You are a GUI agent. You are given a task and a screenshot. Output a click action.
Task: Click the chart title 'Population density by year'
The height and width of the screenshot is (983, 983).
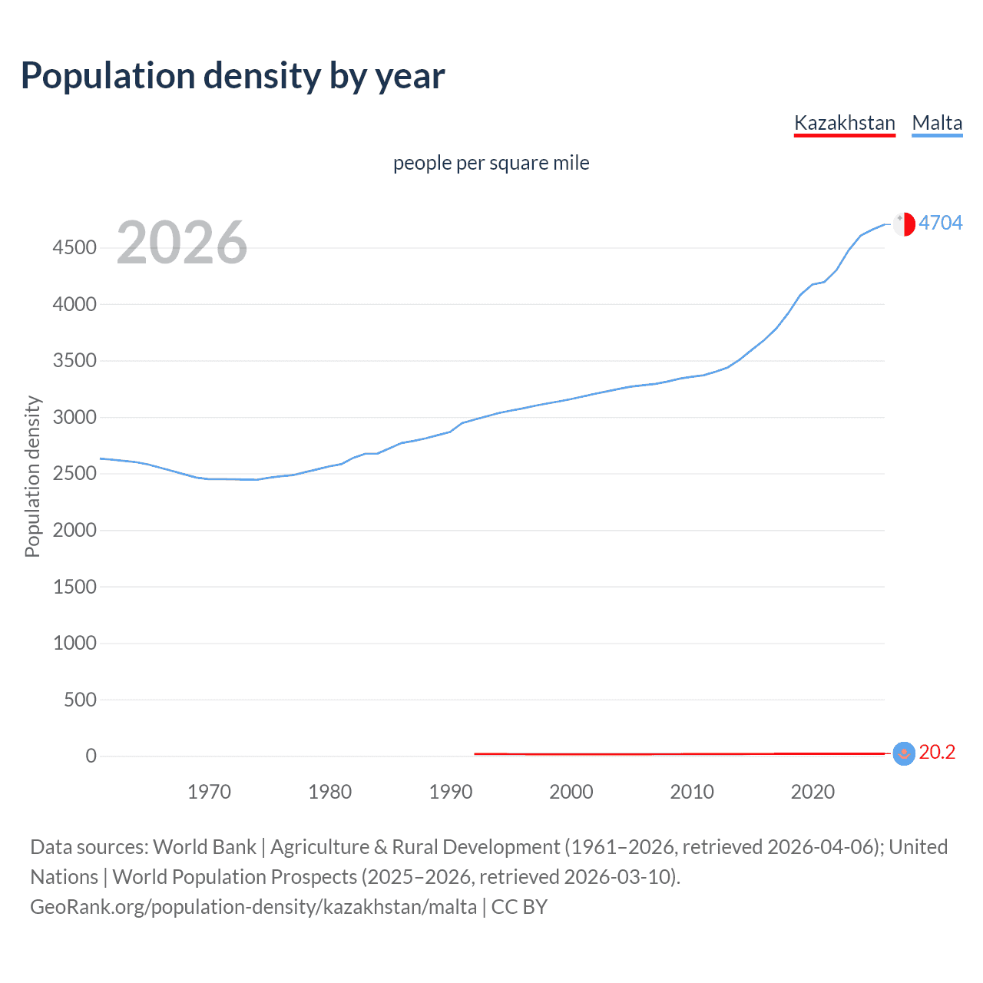[233, 76]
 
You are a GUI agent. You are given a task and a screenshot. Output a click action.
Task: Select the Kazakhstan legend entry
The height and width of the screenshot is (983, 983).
[844, 123]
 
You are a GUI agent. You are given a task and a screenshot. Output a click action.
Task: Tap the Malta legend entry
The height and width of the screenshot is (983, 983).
[937, 123]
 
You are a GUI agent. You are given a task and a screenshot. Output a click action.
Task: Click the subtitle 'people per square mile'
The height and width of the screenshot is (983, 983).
[491, 163]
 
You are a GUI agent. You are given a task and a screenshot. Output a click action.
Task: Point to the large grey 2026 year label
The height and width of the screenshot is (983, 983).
[182, 243]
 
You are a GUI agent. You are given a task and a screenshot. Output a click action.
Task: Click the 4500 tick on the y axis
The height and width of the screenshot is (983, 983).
[74, 247]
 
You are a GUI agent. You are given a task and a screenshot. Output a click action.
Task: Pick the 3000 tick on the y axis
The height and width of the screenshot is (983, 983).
[74, 417]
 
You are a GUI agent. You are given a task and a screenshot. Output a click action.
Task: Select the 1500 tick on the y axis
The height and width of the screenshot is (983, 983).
[74, 587]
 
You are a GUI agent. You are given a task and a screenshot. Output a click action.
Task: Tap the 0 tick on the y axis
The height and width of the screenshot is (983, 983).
[91, 756]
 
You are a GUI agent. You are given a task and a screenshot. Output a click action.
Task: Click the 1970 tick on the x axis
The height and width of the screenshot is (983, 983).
[209, 792]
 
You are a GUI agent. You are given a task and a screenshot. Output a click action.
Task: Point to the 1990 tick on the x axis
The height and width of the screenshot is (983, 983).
[451, 792]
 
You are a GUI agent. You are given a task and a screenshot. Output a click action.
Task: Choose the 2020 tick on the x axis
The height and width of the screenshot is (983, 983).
[813, 792]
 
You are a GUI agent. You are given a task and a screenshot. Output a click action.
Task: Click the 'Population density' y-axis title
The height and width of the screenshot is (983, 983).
[32, 476]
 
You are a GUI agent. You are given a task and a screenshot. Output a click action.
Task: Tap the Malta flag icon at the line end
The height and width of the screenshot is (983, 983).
[904, 223]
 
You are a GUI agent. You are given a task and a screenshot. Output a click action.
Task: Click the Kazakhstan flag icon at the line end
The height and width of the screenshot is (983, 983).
[904, 753]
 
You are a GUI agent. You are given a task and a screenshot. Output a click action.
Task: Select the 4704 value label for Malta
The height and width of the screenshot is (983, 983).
[940, 223]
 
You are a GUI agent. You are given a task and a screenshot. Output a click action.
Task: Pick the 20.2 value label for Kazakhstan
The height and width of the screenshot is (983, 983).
[937, 753]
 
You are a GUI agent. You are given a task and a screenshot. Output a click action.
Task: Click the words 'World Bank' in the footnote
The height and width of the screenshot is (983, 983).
[204, 847]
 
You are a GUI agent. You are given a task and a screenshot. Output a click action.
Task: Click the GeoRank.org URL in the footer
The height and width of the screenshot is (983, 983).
[253, 907]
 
